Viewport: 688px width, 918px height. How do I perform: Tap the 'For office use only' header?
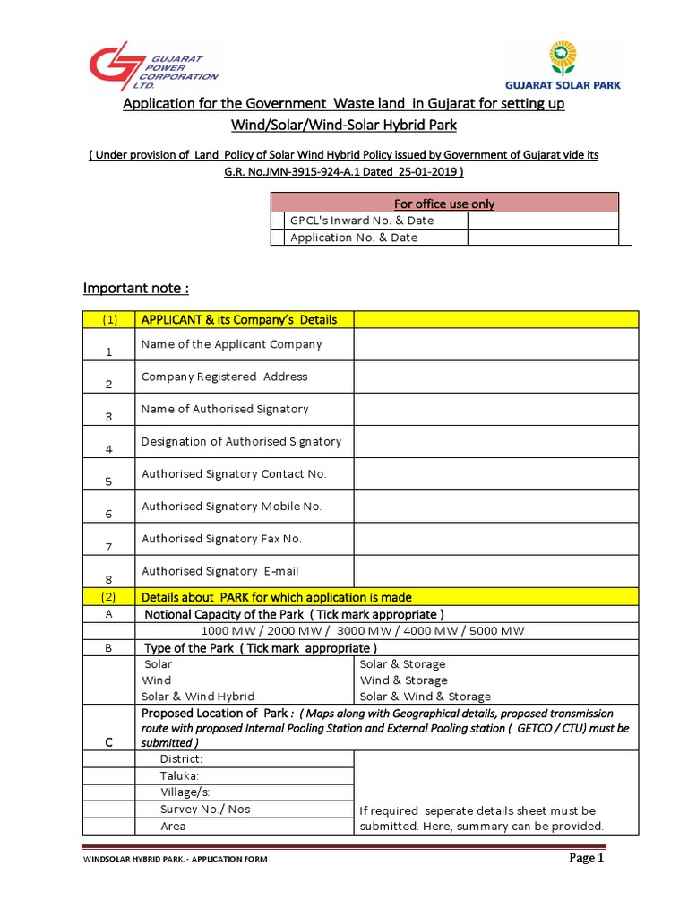(x=443, y=204)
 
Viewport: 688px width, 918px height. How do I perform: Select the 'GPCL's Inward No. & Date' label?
(x=362, y=221)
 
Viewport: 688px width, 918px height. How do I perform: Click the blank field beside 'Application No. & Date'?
(x=542, y=238)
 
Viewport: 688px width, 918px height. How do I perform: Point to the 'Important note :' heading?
(x=136, y=288)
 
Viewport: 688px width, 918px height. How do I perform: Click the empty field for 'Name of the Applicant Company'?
(x=495, y=345)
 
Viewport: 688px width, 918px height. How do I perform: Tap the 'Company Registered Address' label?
(x=224, y=377)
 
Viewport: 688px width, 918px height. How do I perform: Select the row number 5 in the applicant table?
(x=108, y=481)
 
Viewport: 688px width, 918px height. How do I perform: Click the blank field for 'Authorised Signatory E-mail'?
(x=495, y=572)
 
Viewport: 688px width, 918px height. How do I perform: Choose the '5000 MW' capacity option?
(x=494, y=630)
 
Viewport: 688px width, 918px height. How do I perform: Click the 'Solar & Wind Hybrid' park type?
(x=198, y=697)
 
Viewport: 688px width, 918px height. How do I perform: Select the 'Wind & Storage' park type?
(x=403, y=680)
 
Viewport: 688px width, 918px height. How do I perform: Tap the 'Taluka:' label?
(x=179, y=775)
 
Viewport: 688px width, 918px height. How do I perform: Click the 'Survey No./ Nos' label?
(x=205, y=810)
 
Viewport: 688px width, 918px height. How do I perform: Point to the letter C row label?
(x=108, y=742)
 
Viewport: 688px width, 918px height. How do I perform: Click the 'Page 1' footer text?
(x=588, y=858)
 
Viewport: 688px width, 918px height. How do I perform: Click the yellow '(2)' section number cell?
(x=108, y=597)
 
